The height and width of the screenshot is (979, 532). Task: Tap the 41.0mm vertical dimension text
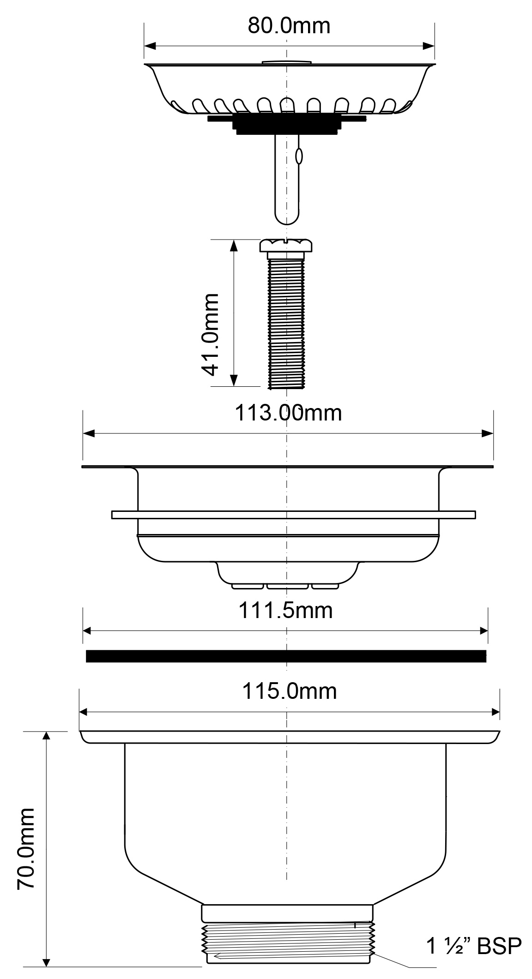(x=210, y=334)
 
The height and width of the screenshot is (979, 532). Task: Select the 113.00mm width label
(x=289, y=413)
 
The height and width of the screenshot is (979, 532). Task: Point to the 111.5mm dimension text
(x=285, y=611)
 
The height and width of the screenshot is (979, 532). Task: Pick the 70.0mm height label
(x=26, y=849)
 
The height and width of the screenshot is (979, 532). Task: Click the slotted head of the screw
(x=287, y=245)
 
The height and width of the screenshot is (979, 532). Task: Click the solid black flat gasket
(x=286, y=656)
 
